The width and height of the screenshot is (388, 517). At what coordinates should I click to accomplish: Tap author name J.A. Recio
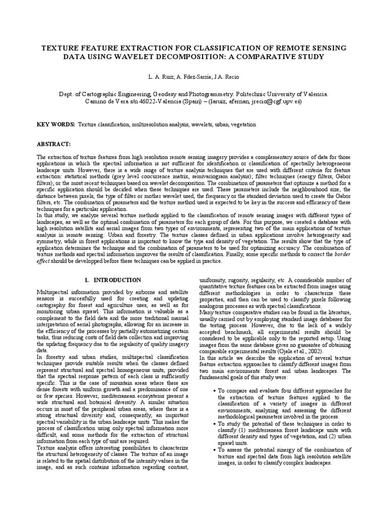[224, 78]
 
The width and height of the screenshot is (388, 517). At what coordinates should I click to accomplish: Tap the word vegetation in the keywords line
[241, 124]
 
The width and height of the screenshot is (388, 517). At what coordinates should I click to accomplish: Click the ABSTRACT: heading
[55, 144]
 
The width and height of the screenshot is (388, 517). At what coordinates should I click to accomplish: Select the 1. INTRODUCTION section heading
[112, 280]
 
